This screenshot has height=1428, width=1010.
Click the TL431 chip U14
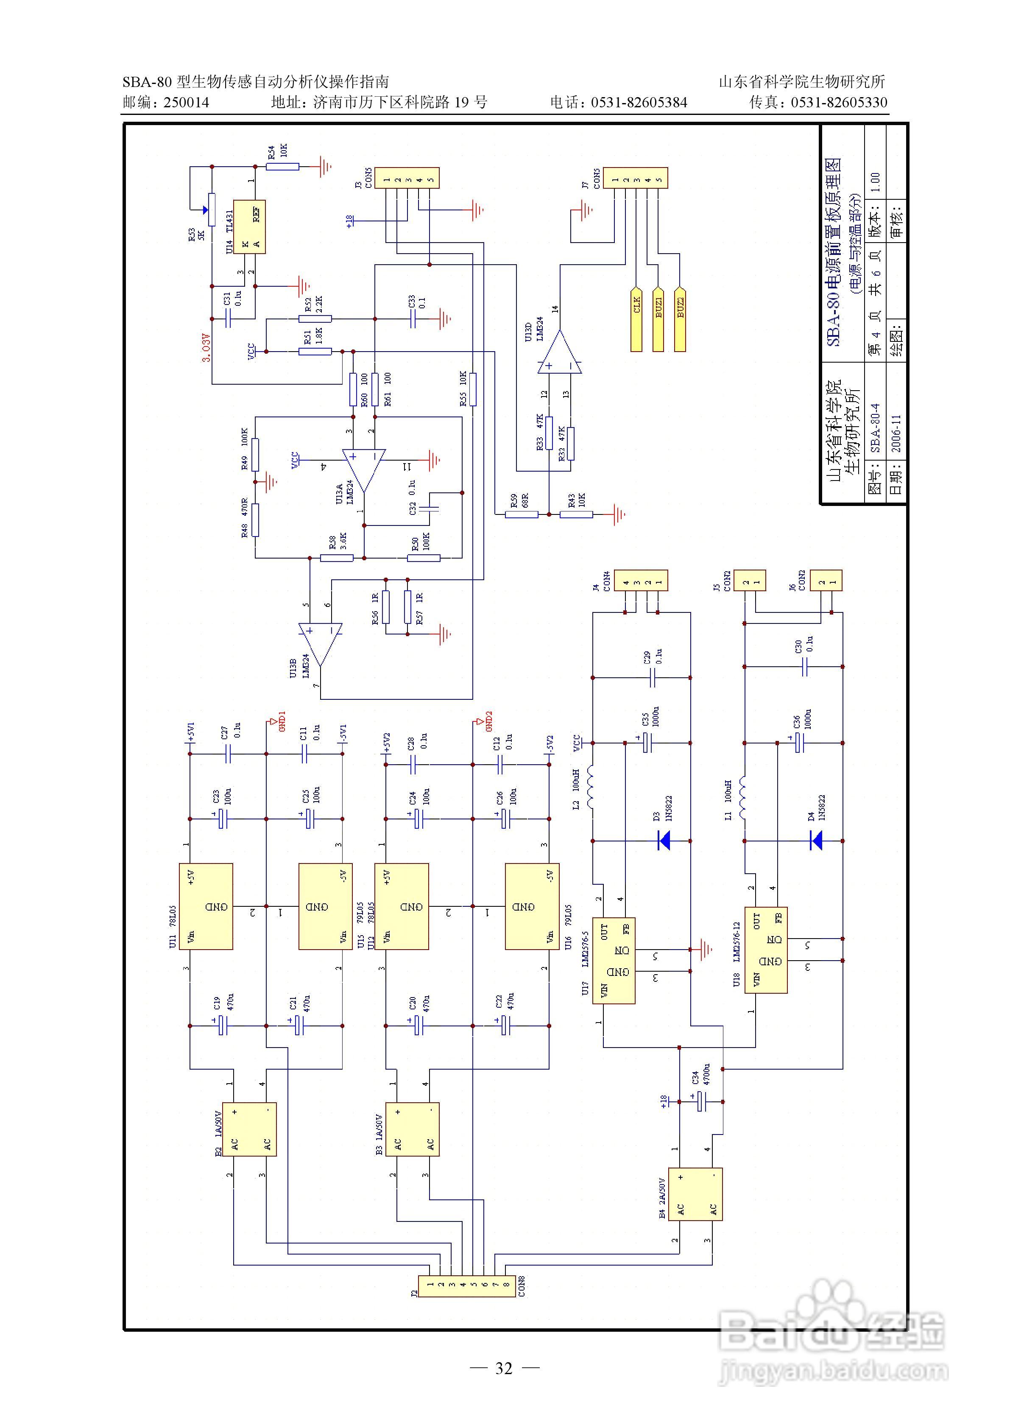point(249,227)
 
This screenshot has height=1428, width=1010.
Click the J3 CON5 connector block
point(408,178)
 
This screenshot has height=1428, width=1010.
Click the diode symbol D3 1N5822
point(664,841)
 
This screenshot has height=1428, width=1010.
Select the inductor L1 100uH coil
point(743,798)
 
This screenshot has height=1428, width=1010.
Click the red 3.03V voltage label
point(206,348)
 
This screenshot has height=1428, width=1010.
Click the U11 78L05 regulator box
point(206,906)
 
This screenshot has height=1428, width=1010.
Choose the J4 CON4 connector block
point(641,580)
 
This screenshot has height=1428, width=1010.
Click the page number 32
point(504,1368)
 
